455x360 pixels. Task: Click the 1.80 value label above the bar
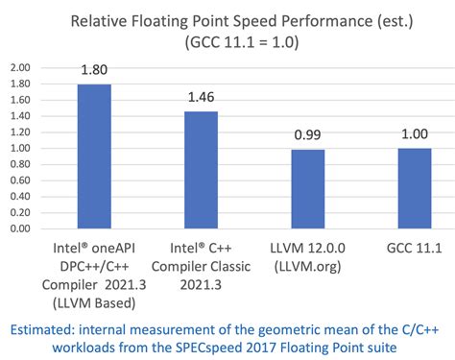(93, 70)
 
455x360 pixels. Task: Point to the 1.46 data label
(200, 98)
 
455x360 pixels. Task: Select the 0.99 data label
(307, 135)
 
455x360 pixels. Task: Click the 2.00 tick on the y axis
(18, 67)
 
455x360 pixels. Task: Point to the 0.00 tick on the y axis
(18, 229)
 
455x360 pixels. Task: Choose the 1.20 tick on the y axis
(18, 132)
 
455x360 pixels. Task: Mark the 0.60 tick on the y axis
(18, 180)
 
